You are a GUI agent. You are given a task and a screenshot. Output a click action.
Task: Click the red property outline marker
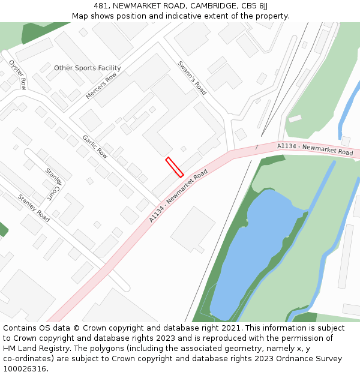pyautogui.click(x=175, y=167)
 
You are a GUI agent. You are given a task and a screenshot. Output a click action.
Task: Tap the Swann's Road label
pyautogui.click(x=192, y=78)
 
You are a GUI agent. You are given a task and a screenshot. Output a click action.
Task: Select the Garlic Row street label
pyautogui.click(x=95, y=146)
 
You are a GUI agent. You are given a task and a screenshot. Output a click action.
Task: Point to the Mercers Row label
pyautogui.click(x=101, y=86)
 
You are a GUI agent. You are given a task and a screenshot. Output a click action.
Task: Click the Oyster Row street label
pyautogui.click(x=17, y=74)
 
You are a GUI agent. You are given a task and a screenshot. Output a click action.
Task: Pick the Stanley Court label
pyautogui.click(x=53, y=184)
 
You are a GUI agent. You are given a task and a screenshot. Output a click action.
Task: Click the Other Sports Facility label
pyautogui.click(x=88, y=68)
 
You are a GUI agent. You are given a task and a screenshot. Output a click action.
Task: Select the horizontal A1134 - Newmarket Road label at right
pyautogui.click(x=315, y=149)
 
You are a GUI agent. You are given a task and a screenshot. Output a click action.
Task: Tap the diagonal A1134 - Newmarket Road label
pyautogui.click(x=178, y=196)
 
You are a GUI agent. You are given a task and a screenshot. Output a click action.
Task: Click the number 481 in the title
pyautogui.click(x=101, y=6)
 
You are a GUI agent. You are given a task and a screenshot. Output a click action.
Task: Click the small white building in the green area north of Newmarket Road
pyautogui.click(x=295, y=118)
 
